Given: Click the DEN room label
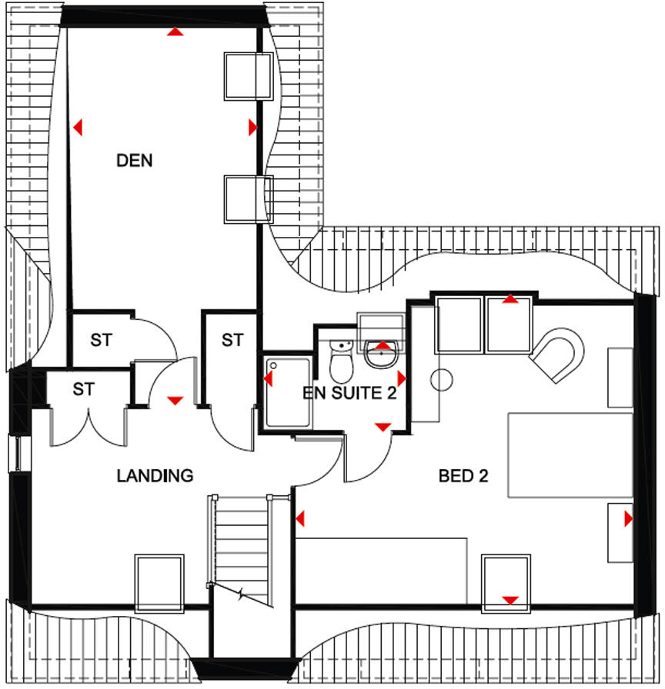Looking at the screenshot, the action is [x=135, y=161].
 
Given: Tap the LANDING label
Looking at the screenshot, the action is [x=155, y=476].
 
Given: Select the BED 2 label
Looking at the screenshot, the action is [x=463, y=476].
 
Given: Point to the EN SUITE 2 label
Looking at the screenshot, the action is [x=350, y=394].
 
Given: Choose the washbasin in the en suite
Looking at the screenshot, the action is [x=382, y=353].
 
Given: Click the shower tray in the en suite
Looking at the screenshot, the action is [x=288, y=392].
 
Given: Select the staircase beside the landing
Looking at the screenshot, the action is [x=240, y=546].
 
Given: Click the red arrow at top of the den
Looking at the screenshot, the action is [x=176, y=32].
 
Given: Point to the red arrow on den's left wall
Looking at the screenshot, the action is [x=77, y=127].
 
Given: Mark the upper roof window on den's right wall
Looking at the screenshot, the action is [x=247, y=75].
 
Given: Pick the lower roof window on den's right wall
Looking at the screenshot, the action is [x=248, y=198].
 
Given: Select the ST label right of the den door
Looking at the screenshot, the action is [x=232, y=339].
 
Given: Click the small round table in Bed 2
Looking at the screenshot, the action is [x=441, y=379].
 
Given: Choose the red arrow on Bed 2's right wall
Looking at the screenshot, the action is [x=629, y=520].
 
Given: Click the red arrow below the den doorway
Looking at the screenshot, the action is [x=175, y=400].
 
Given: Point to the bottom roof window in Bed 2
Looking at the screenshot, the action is [x=507, y=583].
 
